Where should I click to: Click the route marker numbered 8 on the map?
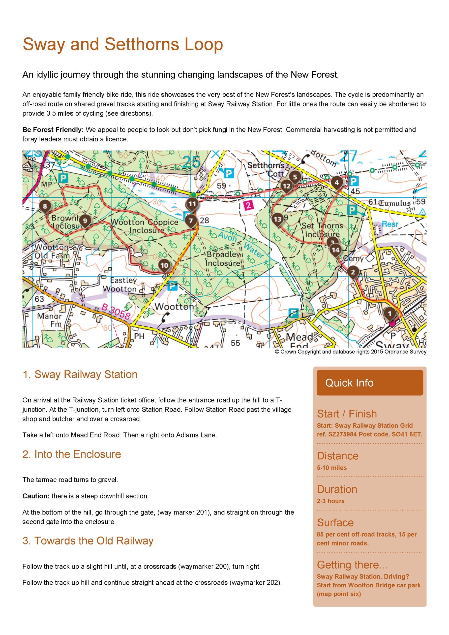[45, 206]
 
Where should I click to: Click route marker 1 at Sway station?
[390, 313]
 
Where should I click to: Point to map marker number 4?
[337, 183]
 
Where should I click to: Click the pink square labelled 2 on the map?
[249, 205]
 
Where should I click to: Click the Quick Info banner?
[370, 383]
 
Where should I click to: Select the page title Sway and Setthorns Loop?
[123, 44]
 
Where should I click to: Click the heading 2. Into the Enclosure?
[72, 454]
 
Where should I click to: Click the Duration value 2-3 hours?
[331, 501]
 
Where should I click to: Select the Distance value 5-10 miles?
[331, 468]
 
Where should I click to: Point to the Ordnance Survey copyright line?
[351, 352]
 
